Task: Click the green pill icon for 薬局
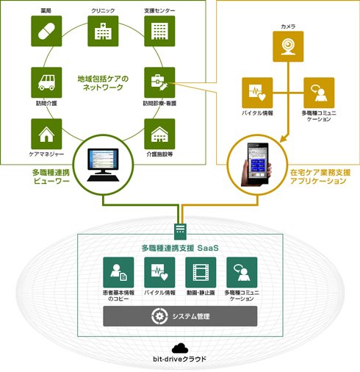(46, 31)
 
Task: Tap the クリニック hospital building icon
(103, 31)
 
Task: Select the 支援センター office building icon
(159, 31)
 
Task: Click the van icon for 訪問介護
(46, 82)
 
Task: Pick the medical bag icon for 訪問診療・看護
(159, 82)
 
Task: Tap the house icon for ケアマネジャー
(46, 134)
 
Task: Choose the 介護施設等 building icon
(159, 134)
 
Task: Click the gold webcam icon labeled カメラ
(288, 46)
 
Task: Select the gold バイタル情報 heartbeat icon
(257, 93)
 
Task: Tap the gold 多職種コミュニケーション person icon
(319, 93)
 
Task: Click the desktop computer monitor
(104, 165)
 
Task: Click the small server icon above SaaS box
(180, 232)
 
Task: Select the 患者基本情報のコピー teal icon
(118, 272)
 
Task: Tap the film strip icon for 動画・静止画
(201, 272)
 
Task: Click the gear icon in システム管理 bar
(159, 316)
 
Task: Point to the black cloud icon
(180, 348)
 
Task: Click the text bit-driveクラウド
(180, 360)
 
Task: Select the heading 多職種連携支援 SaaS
(180, 248)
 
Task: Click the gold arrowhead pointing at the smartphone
(284, 139)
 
